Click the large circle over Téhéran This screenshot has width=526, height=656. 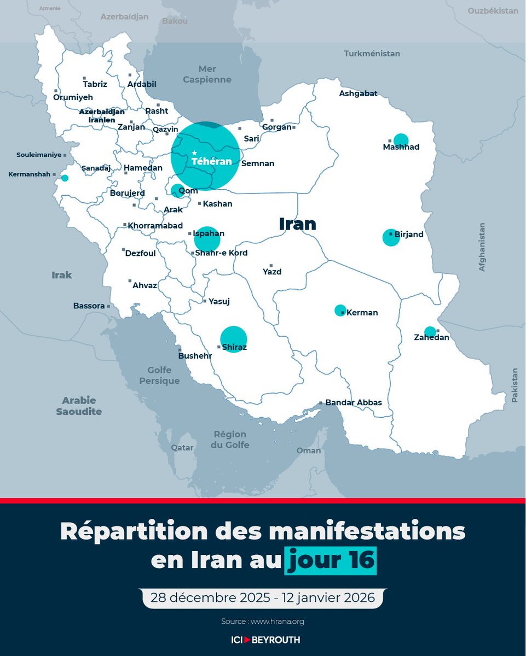click(205, 156)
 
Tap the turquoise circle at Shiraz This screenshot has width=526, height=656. click(233, 339)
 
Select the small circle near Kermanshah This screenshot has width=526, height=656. click(65, 178)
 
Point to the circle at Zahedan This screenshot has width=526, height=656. click(430, 331)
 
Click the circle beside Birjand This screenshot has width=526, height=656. click(391, 238)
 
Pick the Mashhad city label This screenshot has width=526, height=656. click(401, 147)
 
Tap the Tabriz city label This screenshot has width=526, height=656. click(95, 84)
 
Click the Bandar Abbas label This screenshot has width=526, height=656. click(354, 402)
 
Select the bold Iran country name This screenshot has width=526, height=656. click(298, 223)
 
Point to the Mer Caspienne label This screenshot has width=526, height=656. click(207, 74)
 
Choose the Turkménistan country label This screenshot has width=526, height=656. click(372, 54)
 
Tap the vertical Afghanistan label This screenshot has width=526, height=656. click(482, 247)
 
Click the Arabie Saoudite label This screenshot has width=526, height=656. click(79, 406)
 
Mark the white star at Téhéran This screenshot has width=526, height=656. click(194, 153)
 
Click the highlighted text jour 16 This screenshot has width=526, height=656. click(331, 561)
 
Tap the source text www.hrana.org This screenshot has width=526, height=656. click(278, 621)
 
